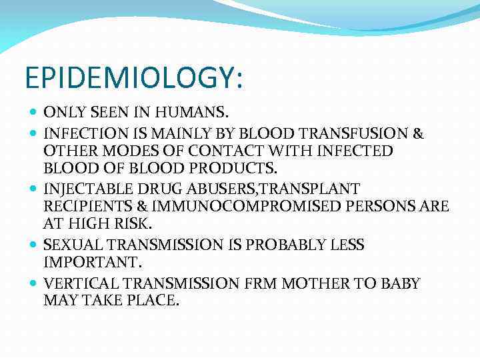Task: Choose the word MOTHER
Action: click(x=316, y=284)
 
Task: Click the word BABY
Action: click(x=399, y=284)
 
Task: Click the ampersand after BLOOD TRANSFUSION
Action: click(x=418, y=133)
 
